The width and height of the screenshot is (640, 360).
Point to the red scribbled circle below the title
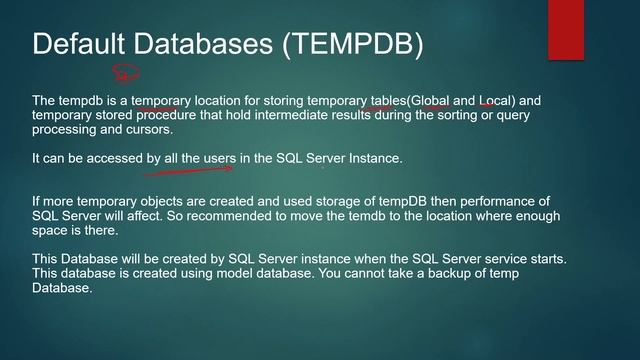127,73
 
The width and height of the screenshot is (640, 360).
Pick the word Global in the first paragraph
428,100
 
